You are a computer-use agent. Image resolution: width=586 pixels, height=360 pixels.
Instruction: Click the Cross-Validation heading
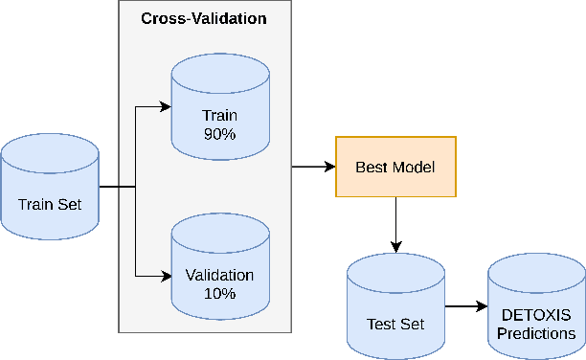pos(205,18)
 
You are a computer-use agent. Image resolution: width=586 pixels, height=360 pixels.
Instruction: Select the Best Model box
pos(395,167)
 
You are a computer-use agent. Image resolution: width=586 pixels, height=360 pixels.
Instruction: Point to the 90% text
pos(218,134)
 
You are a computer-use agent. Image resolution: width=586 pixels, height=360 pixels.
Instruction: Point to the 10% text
pos(218,294)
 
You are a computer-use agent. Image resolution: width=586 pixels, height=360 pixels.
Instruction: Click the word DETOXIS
pos(536,315)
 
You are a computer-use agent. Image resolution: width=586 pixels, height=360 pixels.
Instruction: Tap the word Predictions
pos(536,333)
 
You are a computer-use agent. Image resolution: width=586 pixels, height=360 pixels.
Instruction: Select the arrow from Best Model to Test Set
pos(395,224)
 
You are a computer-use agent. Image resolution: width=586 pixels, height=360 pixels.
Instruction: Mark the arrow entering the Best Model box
pos(313,167)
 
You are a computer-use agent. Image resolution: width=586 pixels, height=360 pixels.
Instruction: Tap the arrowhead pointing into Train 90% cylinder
pos(165,106)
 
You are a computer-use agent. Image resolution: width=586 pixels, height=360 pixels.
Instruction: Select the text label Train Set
pos(50,204)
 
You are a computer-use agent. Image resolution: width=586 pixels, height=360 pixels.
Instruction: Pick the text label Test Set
pos(394,324)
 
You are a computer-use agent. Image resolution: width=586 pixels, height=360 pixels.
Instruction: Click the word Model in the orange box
pos(415,168)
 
